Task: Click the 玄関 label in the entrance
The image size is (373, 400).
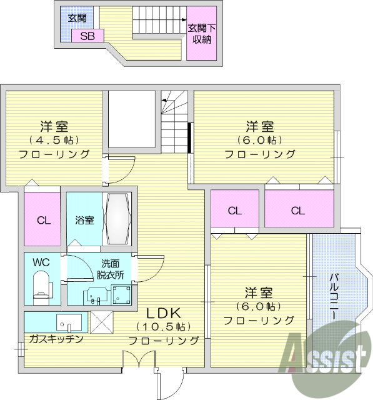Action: pyautogui.click(x=77, y=17)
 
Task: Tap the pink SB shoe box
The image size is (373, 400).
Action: pyautogui.click(x=87, y=36)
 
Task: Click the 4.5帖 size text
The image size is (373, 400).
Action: pyautogui.click(x=53, y=139)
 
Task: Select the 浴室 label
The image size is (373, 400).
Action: pyautogui.click(x=84, y=220)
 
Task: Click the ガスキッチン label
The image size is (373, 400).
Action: pyautogui.click(x=56, y=339)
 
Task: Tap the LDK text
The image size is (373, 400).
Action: pyautogui.click(x=164, y=312)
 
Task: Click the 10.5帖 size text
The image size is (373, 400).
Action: pyautogui.click(x=163, y=326)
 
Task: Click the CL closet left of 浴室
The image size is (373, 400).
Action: pyautogui.click(x=42, y=220)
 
